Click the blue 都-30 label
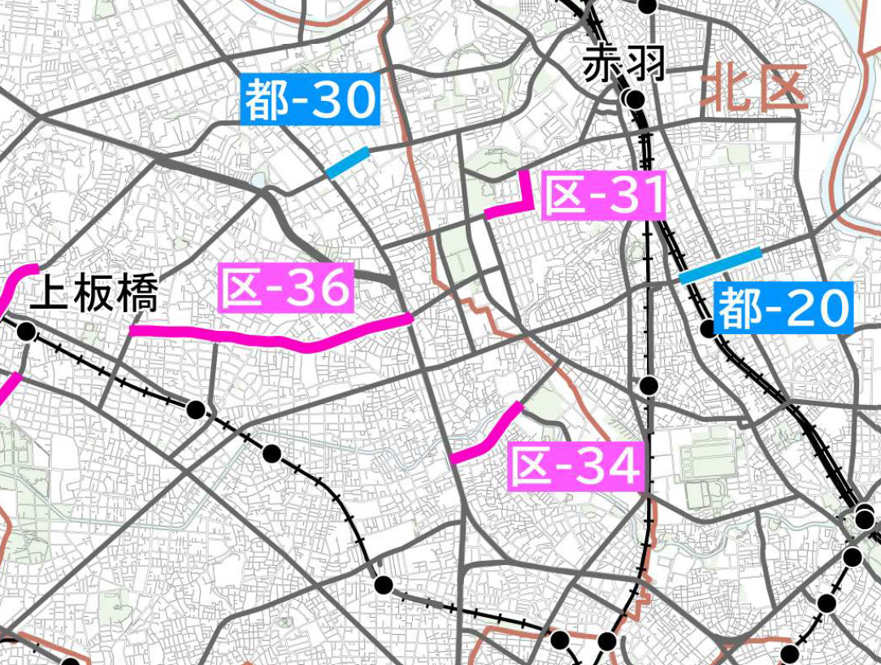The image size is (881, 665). tap(311, 99)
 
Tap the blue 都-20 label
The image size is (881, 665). tap(783, 308)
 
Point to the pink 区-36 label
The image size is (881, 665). tap(286, 287)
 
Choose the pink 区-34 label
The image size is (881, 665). tap(576, 466)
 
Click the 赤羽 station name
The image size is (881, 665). tap(624, 63)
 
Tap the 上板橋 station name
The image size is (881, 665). tap(93, 293)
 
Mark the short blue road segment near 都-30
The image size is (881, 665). tap(347, 163)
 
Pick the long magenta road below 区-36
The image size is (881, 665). tap(268, 335)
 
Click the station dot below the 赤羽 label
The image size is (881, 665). tap(635, 100)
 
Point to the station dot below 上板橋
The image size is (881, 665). tap(26, 332)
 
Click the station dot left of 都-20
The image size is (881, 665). tap(708, 328)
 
